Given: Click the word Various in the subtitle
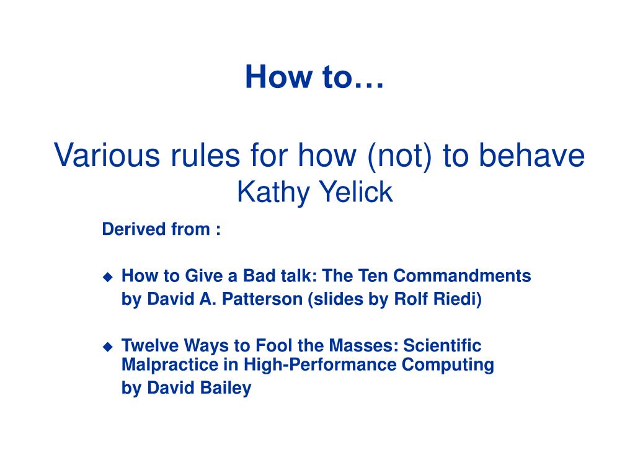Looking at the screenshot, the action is [107, 155].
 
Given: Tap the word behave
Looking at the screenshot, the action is [531, 155].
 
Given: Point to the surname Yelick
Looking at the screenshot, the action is [356, 192].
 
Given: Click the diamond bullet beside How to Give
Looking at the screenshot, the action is [108, 277].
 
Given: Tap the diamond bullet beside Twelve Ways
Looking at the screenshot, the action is [108, 347].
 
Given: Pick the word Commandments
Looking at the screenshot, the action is [462, 276].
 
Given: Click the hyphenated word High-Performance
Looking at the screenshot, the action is [319, 364].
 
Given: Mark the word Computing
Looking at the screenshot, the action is [448, 365].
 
